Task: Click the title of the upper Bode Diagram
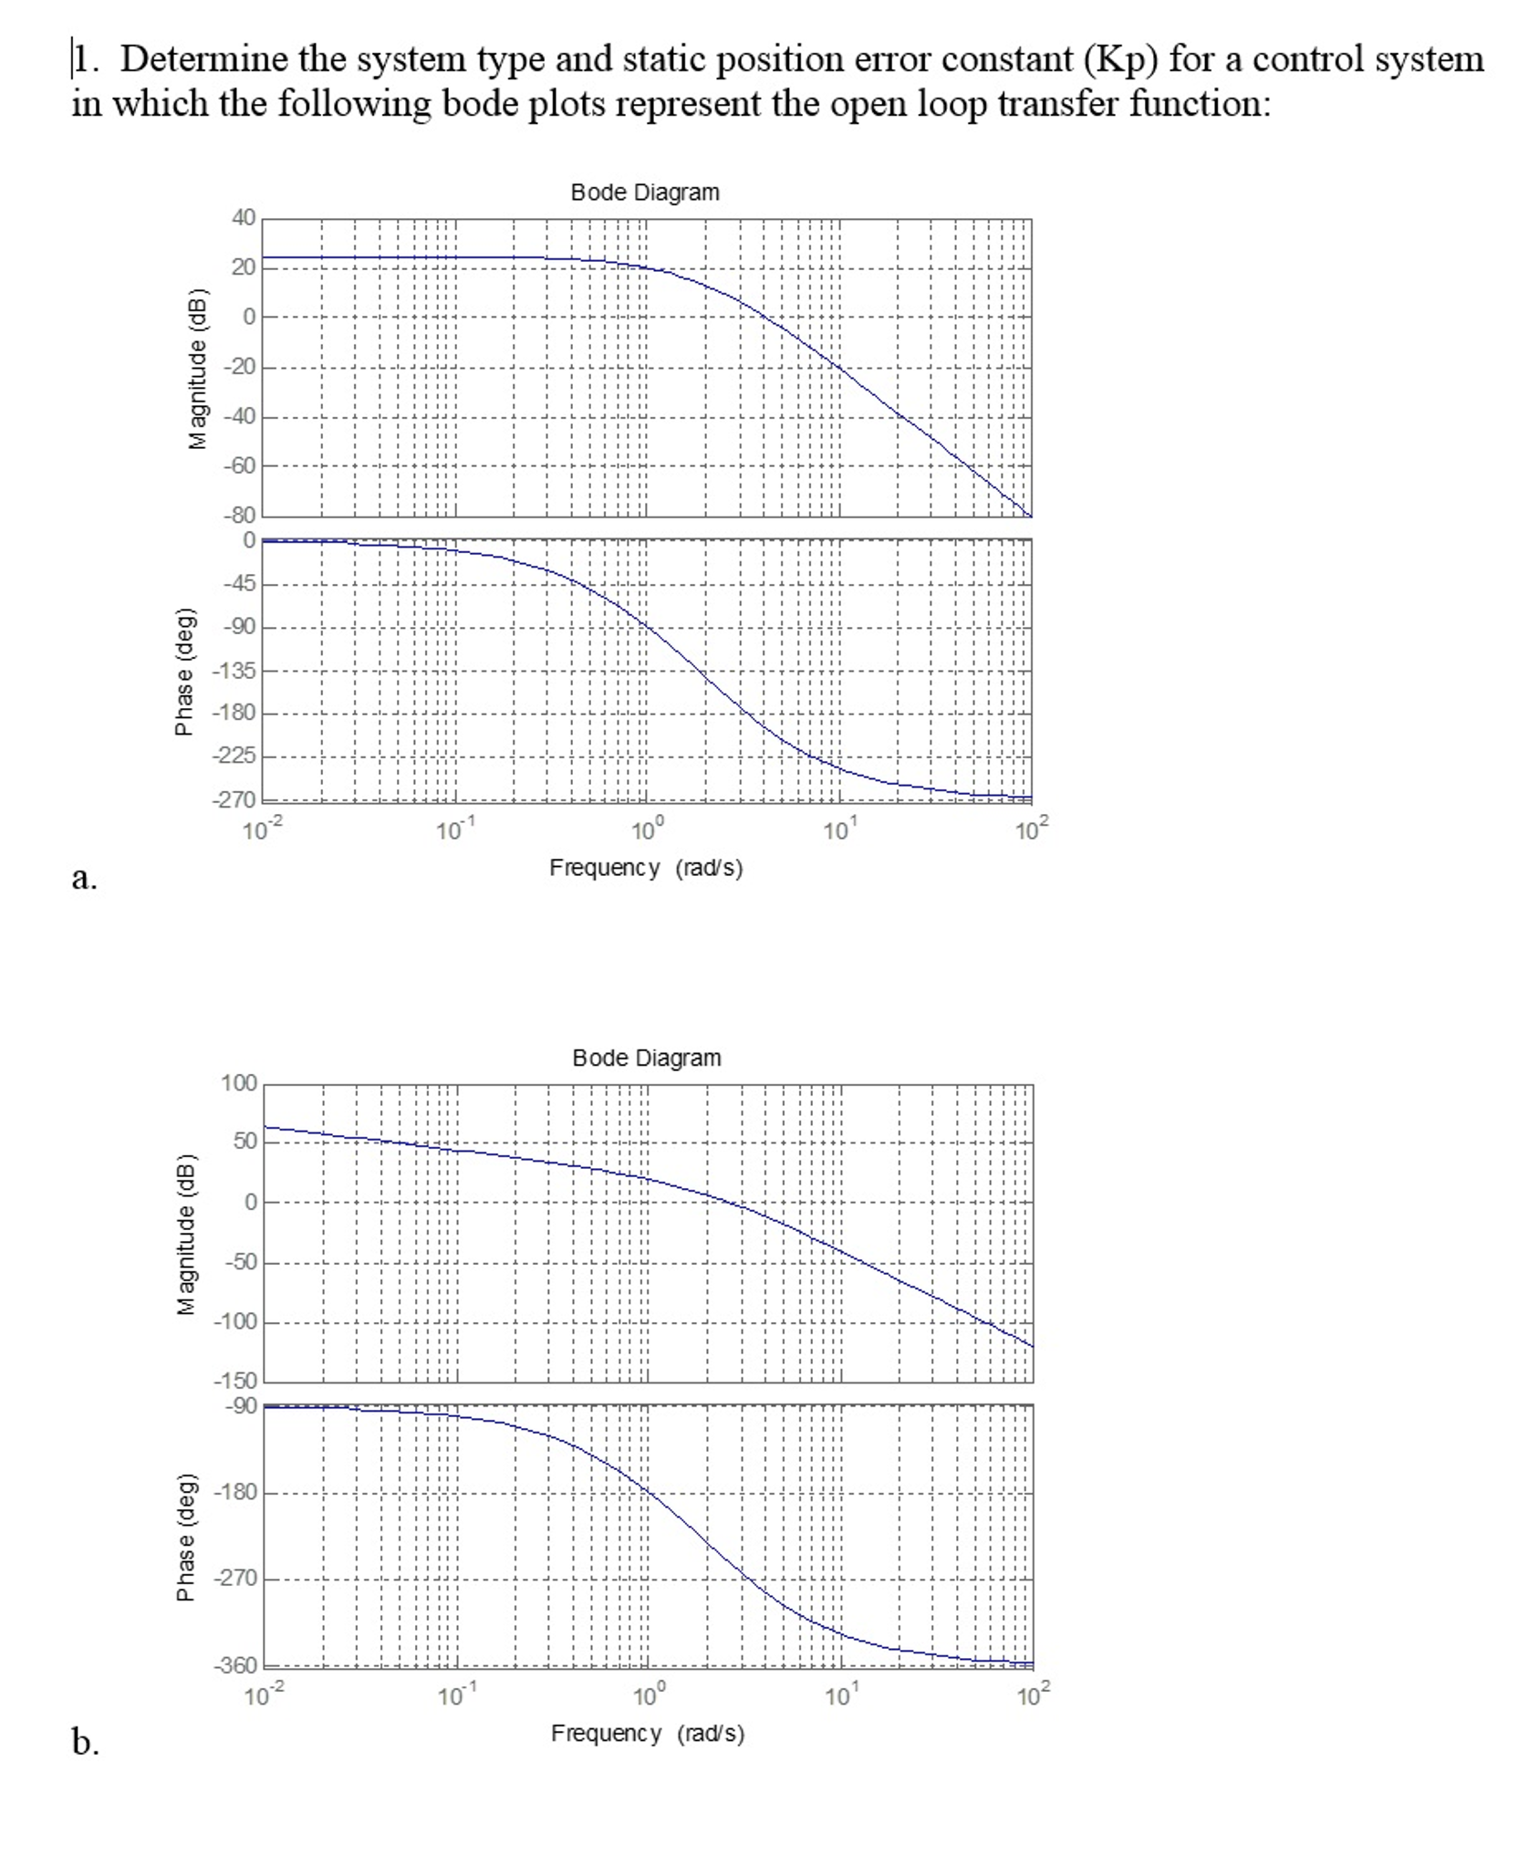pyautogui.click(x=644, y=193)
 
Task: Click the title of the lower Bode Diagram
pyautogui.click(x=646, y=1058)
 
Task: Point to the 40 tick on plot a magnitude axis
pyautogui.click(x=244, y=217)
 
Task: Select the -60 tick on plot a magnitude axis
pyautogui.click(x=240, y=465)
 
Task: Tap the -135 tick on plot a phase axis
pyautogui.click(x=234, y=671)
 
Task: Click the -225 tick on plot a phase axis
pyautogui.click(x=234, y=756)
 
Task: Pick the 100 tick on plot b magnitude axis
pyautogui.click(x=239, y=1083)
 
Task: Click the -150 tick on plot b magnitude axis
pyautogui.click(x=235, y=1381)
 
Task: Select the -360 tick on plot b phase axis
pyautogui.click(x=235, y=1665)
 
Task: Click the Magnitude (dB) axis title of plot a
pyautogui.click(x=196, y=370)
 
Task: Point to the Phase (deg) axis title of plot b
pyautogui.click(x=185, y=1537)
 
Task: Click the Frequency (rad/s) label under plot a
pyautogui.click(x=645, y=868)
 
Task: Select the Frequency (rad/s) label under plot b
pyautogui.click(x=647, y=1733)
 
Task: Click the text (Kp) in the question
pyautogui.click(x=1120, y=59)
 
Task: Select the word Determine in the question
pyautogui.click(x=204, y=59)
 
